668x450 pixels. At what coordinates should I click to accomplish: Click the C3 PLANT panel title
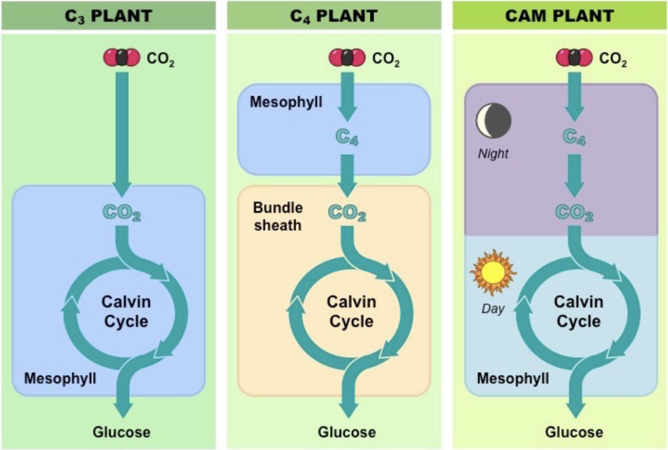click(108, 15)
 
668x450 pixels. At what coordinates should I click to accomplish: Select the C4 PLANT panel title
click(333, 15)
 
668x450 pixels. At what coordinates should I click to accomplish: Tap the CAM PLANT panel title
click(559, 15)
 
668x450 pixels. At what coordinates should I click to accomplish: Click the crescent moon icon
click(493, 120)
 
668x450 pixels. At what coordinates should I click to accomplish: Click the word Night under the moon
click(493, 154)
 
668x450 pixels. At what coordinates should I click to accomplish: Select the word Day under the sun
click(493, 308)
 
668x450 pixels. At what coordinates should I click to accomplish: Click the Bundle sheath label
click(277, 215)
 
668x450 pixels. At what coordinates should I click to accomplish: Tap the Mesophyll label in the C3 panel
click(60, 379)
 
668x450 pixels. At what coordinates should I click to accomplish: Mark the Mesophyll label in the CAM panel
click(513, 379)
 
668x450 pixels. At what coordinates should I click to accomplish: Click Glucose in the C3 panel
click(121, 432)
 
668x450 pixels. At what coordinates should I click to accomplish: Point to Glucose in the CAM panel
click(574, 432)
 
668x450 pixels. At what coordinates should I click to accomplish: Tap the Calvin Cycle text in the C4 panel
click(351, 311)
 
